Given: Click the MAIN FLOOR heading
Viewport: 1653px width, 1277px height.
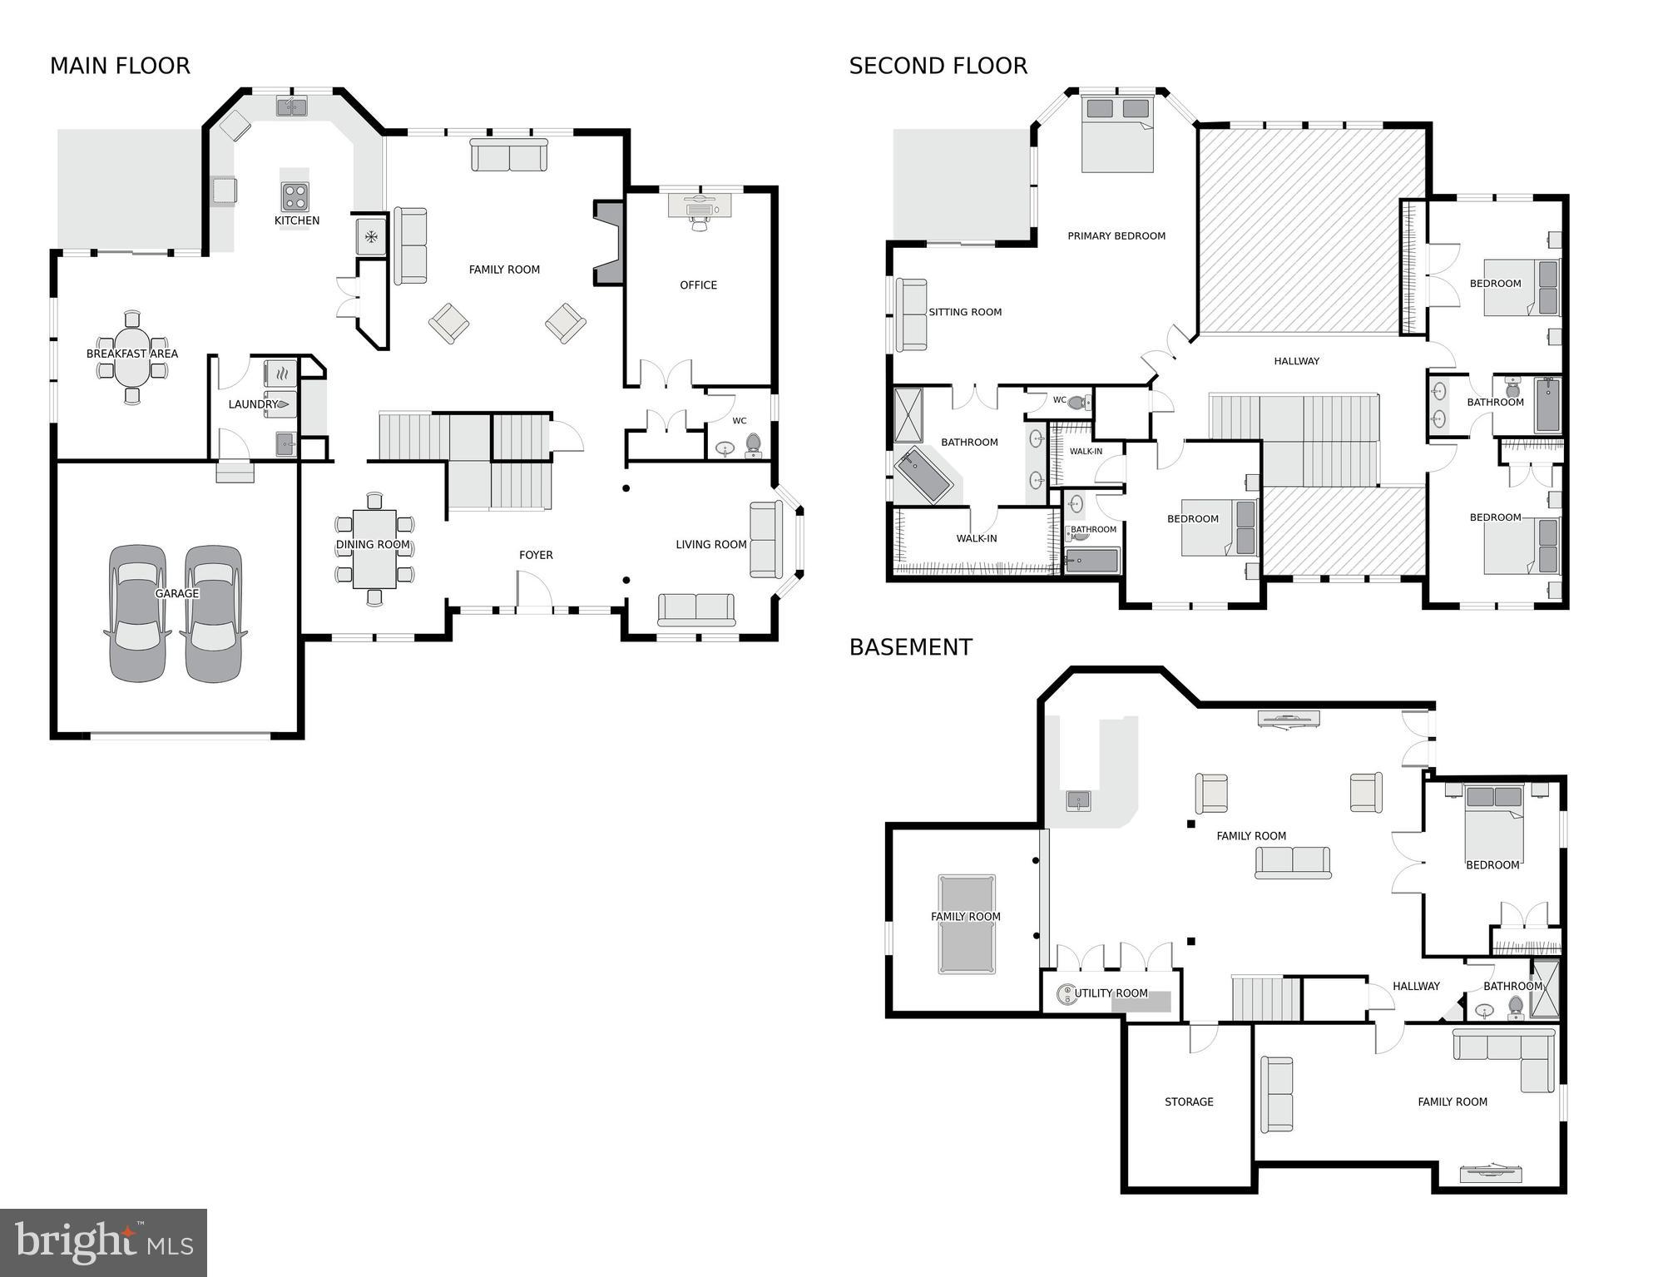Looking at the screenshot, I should [120, 66].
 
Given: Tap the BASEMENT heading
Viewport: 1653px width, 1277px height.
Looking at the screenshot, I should [910, 647].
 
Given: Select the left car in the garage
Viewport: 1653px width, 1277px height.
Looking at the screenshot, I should [137, 613].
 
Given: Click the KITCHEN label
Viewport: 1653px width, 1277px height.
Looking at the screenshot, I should [297, 220].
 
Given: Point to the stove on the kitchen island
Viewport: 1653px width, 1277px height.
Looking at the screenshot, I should [294, 197].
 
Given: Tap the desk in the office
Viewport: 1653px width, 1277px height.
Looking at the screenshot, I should [700, 205].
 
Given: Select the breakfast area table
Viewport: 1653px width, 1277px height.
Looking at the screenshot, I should [132, 357].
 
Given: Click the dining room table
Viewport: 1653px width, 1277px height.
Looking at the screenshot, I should [374, 548].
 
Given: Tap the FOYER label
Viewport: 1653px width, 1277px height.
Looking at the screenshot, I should [536, 555].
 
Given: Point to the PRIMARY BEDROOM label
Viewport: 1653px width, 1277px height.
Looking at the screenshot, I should [1116, 236].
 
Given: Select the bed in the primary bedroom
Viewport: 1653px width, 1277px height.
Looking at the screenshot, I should [1117, 134].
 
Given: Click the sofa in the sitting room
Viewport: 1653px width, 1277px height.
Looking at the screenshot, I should [911, 314].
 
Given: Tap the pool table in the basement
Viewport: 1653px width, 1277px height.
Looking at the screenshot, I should [967, 923].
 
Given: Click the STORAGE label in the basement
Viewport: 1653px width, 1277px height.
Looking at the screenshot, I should [1189, 1101].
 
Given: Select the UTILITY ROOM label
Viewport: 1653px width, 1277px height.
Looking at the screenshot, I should [1111, 993].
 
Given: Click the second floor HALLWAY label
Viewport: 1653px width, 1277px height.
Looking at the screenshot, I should [1296, 361].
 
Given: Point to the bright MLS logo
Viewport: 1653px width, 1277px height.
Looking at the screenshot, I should [103, 1242].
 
